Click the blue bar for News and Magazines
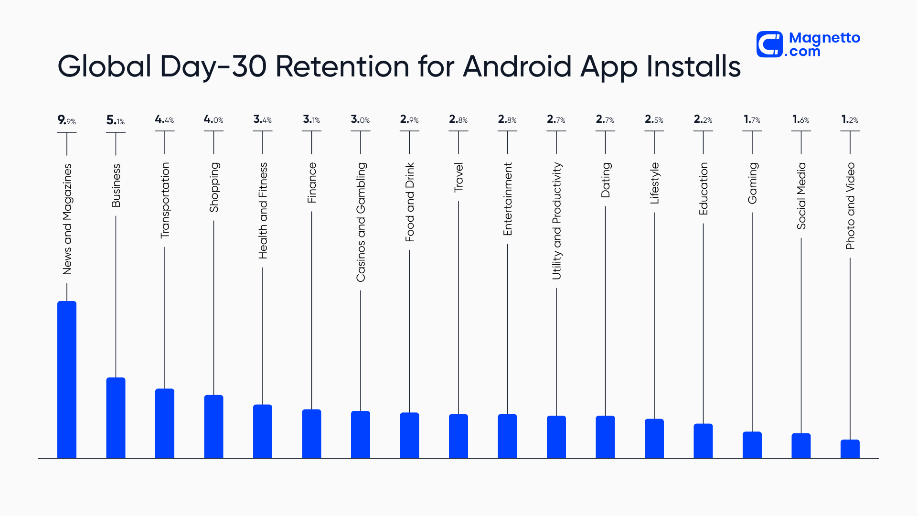point(67,380)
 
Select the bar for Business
point(116,418)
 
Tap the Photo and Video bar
point(850,449)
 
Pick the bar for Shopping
point(213,427)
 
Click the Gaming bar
point(752,445)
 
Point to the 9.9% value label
point(67,120)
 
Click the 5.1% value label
point(116,120)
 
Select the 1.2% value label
point(850,119)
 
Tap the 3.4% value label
point(262,119)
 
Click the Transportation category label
point(165,200)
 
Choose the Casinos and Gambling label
point(361,222)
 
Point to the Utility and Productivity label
point(556,221)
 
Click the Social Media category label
point(801,196)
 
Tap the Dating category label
point(606,180)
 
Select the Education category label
point(703,189)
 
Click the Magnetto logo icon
point(769,44)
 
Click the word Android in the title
point(517,66)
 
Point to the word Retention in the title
point(342,66)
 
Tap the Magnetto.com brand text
point(824,44)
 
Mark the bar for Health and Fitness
point(262,431)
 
